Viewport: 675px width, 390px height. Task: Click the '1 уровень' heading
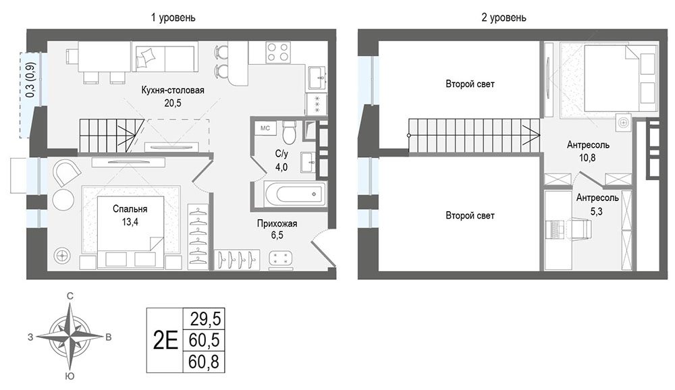(173, 18)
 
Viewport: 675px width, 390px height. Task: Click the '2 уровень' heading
(504, 18)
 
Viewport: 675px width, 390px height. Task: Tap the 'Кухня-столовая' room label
(173, 90)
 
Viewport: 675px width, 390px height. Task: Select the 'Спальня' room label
(130, 208)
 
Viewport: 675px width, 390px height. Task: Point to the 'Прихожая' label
(277, 223)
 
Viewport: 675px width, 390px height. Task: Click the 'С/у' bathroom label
(281, 154)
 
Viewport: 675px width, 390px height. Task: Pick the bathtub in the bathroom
(296, 194)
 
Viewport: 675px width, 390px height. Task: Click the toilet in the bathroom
(289, 132)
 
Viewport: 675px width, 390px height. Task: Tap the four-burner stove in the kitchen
(277, 52)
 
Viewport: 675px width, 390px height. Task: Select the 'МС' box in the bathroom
(265, 128)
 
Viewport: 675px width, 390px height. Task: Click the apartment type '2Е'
(166, 341)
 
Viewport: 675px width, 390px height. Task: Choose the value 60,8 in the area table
(204, 362)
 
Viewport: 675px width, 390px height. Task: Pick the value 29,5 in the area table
(205, 319)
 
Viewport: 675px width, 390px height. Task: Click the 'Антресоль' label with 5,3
(597, 198)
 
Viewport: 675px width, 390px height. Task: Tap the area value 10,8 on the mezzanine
(587, 157)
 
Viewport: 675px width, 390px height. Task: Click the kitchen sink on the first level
(318, 78)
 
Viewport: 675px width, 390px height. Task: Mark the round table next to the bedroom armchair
(63, 199)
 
